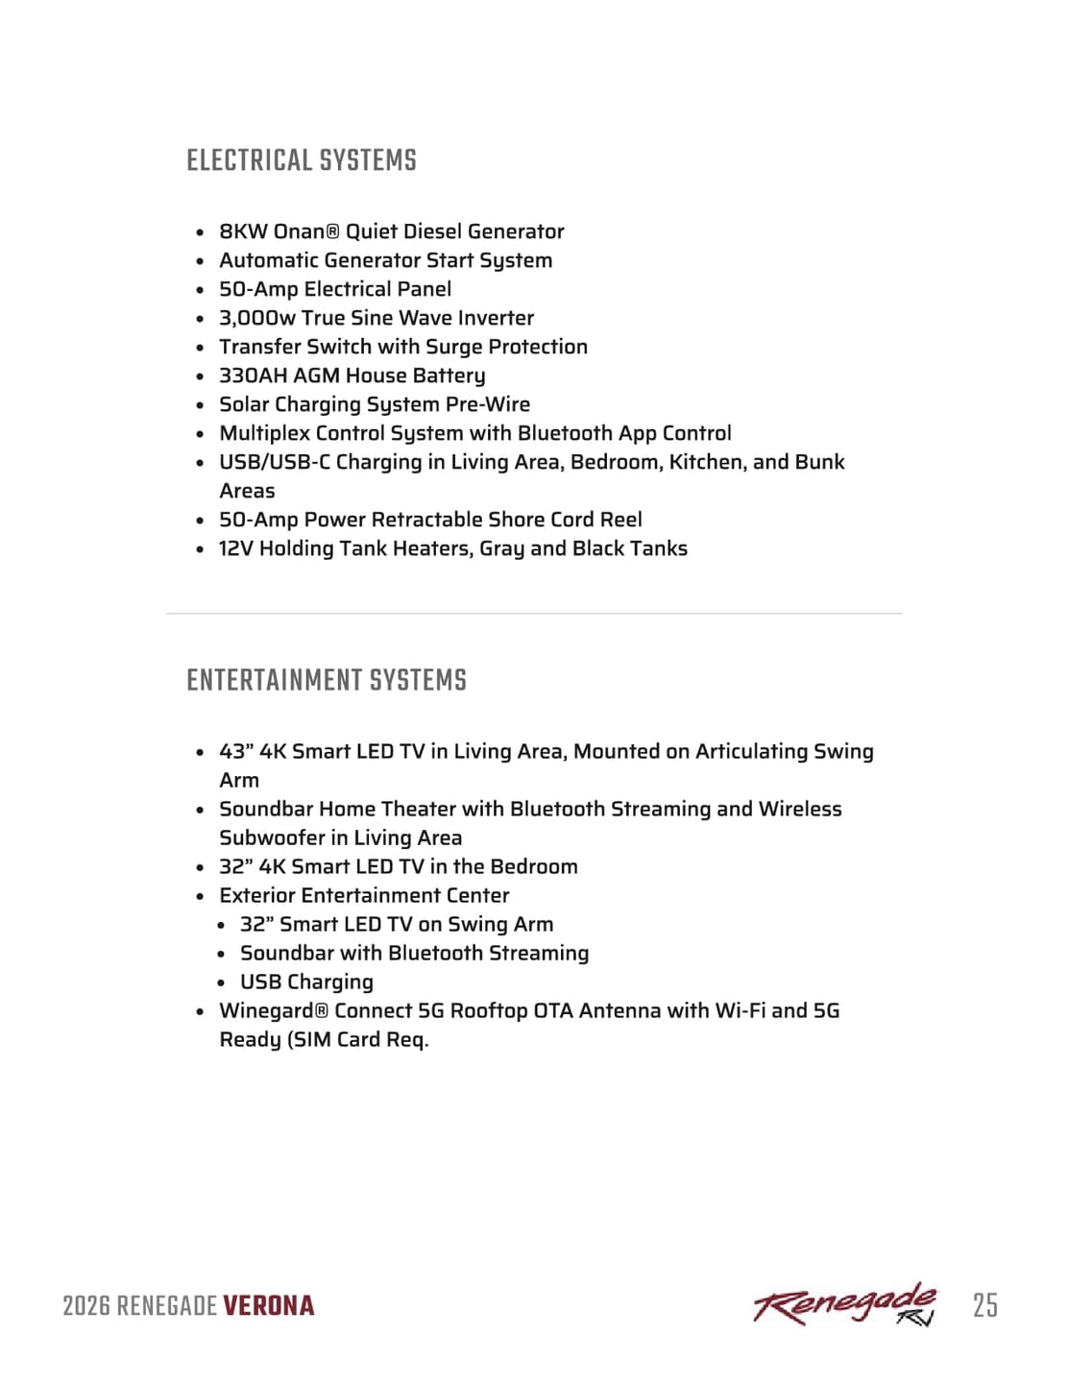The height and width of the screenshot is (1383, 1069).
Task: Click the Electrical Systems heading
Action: click(x=302, y=161)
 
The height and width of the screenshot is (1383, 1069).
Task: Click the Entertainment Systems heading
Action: click(x=327, y=681)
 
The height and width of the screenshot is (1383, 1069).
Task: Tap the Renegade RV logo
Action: click(x=844, y=1305)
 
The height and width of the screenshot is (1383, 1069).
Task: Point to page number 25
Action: click(x=984, y=1305)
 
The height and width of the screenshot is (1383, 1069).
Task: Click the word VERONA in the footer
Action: click(x=269, y=1306)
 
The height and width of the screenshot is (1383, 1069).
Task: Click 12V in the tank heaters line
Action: click(x=235, y=548)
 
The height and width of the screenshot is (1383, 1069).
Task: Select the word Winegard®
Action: click(x=274, y=1010)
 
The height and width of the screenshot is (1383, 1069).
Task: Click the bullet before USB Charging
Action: click(x=221, y=983)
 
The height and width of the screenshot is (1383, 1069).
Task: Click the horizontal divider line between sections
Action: click(x=534, y=613)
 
